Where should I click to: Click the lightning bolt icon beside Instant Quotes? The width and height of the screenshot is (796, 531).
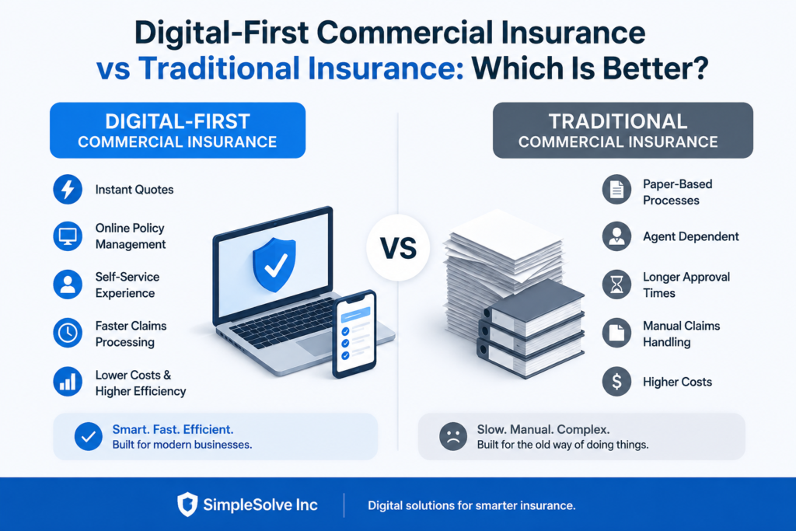pos(68,190)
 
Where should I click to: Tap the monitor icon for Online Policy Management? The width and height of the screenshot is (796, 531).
pos(68,236)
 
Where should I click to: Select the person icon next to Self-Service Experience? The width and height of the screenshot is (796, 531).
pos(68,285)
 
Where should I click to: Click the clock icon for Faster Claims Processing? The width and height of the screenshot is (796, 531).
pos(68,333)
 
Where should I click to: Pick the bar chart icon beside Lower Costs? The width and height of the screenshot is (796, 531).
pos(68,382)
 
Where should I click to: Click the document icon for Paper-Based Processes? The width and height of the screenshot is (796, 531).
pos(616,190)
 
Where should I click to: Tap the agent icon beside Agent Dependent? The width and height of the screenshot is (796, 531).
pos(616,236)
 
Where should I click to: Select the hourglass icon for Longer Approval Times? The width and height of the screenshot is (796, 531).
pos(616,285)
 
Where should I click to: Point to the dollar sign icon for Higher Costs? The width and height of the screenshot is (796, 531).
pos(616,382)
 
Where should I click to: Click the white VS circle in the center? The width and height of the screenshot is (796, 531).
pos(398,248)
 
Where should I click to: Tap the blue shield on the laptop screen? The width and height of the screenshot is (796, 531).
pos(274,264)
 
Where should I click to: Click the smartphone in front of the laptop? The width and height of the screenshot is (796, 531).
pos(354,334)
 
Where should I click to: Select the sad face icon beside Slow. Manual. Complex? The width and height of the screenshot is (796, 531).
pos(453,437)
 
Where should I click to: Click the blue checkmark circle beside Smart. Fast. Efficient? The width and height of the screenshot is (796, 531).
pos(89,437)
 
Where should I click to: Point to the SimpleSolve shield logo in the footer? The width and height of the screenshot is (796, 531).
pos(187,504)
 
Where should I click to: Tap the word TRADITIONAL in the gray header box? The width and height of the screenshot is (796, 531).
pos(618,122)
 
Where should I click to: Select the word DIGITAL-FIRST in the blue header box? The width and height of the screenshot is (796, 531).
pos(178,122)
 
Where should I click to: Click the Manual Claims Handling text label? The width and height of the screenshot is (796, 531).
pos(681,334)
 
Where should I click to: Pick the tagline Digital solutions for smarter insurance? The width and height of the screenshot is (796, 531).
pos(472,505)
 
